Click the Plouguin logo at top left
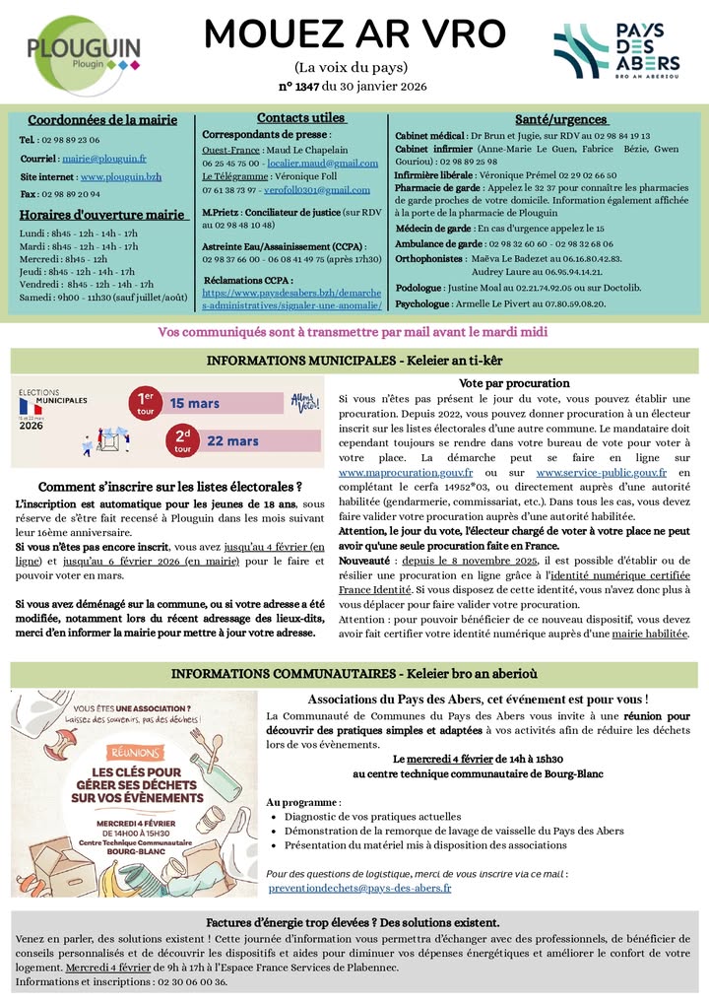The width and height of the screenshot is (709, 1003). point(83,48)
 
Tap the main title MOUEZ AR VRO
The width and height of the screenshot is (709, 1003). point(354,34)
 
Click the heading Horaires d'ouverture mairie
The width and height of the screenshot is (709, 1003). point(103,215)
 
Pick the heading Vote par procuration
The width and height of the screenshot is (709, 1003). point(514,383)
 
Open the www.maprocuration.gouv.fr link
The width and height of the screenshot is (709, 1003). point(391,473)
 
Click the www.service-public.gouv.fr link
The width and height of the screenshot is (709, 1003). point(601,473)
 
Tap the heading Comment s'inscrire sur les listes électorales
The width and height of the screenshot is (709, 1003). point(169,487)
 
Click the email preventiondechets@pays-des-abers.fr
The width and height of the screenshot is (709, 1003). point(359,888)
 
